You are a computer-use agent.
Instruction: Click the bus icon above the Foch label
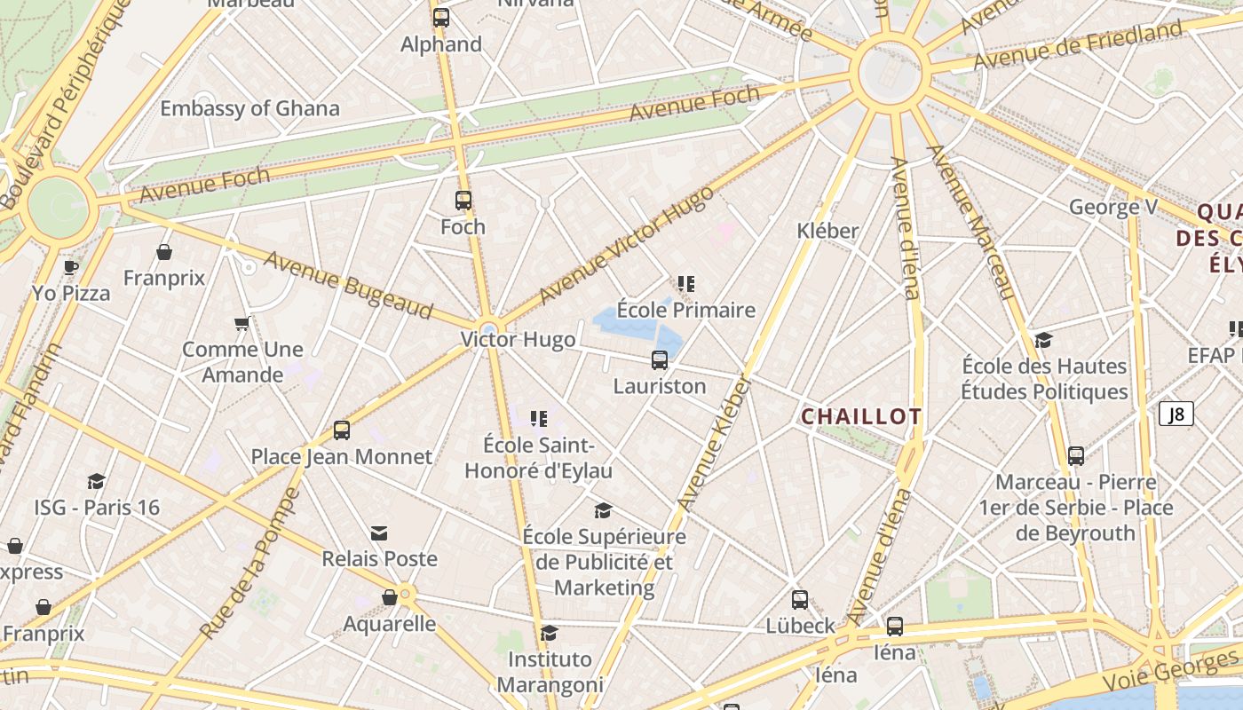coord(463,201)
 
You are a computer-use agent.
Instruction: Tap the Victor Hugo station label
coord(518,340)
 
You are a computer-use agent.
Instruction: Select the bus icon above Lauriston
coord(660,359)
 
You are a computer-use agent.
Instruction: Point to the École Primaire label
coord(685,310)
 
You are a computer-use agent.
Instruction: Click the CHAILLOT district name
coord(861,416)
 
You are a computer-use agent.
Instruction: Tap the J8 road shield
coord(1176,414)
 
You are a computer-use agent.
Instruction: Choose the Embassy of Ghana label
coord(249,108)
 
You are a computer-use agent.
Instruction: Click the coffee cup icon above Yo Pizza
coord(71,267)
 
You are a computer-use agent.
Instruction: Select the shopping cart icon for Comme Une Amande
coord(241,324)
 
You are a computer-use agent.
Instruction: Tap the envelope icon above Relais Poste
coord(379,532)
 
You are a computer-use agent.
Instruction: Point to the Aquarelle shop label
coord(390,624)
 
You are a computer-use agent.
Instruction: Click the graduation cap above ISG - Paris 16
coord(97,481)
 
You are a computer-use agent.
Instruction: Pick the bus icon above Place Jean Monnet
coord(342,430)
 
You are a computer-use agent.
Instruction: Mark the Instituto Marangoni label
coord(550,672)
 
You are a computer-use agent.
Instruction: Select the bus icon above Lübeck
coord(800,600)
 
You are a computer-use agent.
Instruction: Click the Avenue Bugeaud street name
coord(348,285)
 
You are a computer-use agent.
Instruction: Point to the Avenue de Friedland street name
coord(1078,46)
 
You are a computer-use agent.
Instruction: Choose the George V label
coord(1113,208)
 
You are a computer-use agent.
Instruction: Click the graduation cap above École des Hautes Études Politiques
coord(1044,341)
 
